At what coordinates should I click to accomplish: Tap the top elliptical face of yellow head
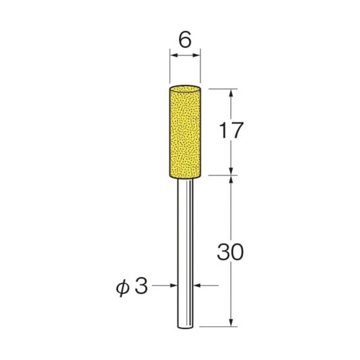point(185,88)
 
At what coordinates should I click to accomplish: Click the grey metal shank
point(185,253)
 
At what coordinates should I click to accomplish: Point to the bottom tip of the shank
point(185,326)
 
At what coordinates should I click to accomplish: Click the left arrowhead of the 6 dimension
point(173,56)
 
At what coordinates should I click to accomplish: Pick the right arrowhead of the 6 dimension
point(196,56)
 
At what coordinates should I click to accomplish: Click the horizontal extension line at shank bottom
point(217,327)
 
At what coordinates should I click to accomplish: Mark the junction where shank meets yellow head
point(185,177)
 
